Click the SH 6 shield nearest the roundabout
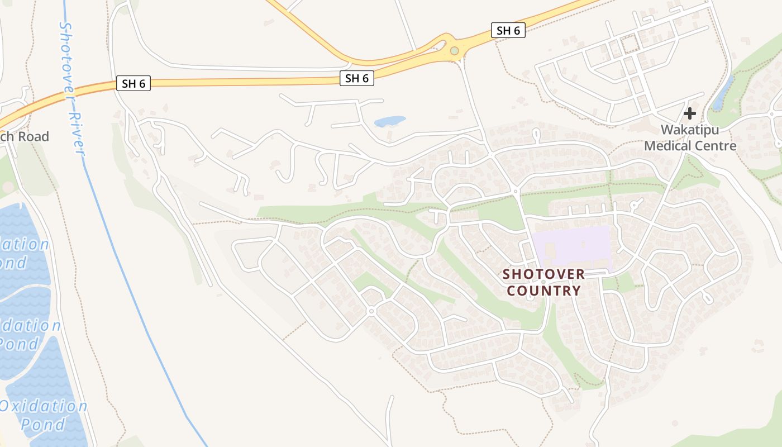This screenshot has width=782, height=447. coord(508,30)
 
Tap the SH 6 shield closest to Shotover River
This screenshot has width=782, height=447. coord(133,84)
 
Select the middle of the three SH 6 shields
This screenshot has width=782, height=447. coord(356,78)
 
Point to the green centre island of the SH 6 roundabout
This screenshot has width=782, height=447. coord(454,51)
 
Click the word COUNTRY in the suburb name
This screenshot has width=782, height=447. coord(544,291)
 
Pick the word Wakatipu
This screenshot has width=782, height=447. coord(690,130)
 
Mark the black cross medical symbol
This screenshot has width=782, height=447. coord(690,113)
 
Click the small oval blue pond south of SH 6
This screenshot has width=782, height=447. coord(389,121)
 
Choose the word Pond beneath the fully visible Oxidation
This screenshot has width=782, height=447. coord(43,424)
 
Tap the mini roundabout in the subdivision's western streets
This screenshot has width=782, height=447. coord(371,311)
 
